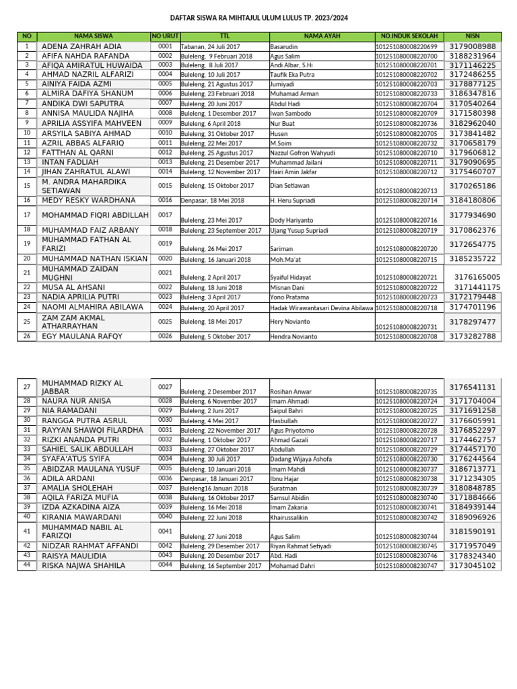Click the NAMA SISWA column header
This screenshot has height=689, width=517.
pyautogui.click(x=94, y=36)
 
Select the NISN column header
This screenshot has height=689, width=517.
pyautogui.click(x=472, y=36)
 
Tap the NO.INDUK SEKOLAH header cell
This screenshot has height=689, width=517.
pyautogui.click(x=409, y=36)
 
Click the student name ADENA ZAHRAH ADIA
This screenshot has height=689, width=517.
pyautogui.click(x=81, y=46)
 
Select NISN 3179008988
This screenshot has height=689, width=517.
pyautogui.click(x=472, y=46)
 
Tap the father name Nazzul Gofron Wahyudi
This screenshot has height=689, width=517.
pyautogui.click(x=302, y=153)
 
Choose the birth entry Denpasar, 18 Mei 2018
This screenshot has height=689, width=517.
pyautogui.click(x=212, y=201)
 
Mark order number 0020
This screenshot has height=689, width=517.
pyautogui.click(x=166, y=258)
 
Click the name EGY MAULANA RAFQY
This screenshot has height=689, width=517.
pyautogui.click(x=82, y=336)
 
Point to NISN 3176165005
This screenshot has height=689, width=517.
pyautogui.click(x=477, y=277)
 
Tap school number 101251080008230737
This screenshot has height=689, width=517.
pyautogui.click(x=409, y=470)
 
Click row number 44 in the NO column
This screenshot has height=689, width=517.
pyautogui.click(x=27, y=565)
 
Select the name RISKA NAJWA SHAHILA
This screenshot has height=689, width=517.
pyautogui.click(x=83, y=566)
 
